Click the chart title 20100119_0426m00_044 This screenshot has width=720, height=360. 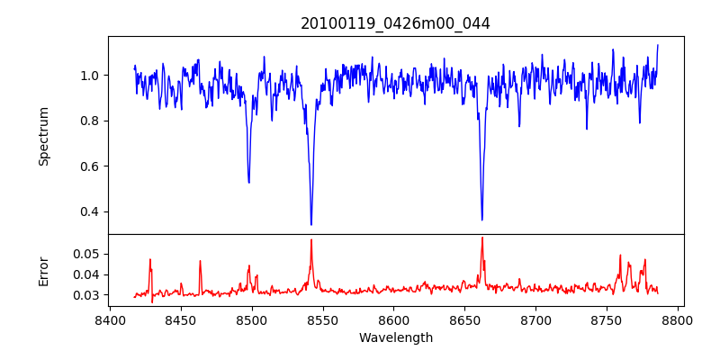[x=395, y=23]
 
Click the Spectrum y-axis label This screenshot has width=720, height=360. [x=43, y=136]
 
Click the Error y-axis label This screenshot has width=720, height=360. [x=43, y=271]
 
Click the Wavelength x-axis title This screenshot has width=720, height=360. [x=395, y=338]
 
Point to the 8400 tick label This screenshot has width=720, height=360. [x=110, y=319]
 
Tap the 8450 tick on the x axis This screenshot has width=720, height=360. [x=181, y=319]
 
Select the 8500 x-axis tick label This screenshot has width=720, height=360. [x=252, y=319]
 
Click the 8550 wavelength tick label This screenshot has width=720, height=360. [x=323, y=319]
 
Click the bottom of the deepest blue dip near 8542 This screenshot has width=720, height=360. [x=311, y=224]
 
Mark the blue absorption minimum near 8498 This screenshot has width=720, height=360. [x=248, y=183]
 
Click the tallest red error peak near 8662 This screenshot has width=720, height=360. [x=482, y=238]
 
